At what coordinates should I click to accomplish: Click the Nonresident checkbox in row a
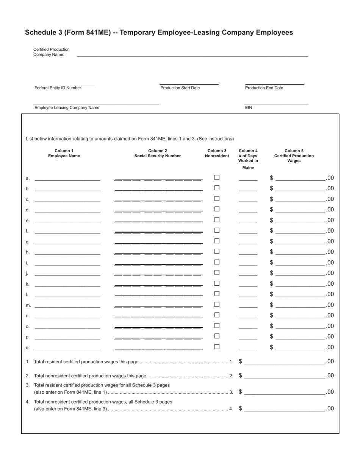coord(217,177)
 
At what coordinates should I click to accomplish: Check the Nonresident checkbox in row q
coord(217,347)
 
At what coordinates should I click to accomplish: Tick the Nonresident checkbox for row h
coord(217,251)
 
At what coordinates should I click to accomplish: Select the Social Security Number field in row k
coord(158,283)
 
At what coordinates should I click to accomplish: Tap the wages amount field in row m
coord(300,304)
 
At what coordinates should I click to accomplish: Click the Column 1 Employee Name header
coord(64,153)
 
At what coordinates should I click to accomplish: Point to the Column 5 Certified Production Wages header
coord(294,156)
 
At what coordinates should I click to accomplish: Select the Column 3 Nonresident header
coord(217,153)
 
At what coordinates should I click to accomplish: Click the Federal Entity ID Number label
coord(58,88)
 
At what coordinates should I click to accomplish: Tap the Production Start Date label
coord(180,88)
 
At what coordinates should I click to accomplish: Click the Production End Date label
coord(264,88)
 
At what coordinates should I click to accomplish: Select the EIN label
coord(249,108)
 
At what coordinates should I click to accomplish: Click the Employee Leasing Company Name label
coord(67,108)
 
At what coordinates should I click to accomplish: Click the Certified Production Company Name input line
coord(193,54)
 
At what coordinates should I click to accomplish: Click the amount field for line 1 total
coord(285,361)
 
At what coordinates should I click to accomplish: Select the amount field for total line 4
coord(285,408)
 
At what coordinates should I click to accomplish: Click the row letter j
coord(27,274)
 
